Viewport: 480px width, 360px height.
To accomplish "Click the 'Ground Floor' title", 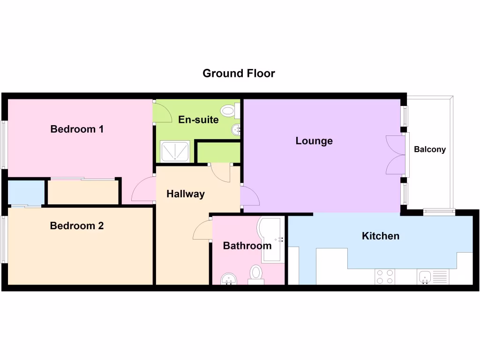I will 239,73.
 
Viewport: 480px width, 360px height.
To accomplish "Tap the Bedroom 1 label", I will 77,129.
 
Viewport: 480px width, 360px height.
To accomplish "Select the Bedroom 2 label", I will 77,226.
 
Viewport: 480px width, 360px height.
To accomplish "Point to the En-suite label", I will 198,120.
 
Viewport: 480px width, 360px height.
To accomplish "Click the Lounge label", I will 314,141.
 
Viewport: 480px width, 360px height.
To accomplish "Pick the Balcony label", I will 430,150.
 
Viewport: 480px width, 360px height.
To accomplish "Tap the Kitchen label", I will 381,236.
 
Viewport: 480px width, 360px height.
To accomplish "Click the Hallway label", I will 186,194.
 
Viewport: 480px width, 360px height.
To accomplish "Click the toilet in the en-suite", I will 229,111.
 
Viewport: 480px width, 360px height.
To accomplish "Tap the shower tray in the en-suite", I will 175,151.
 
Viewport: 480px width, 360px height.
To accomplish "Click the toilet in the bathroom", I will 255,273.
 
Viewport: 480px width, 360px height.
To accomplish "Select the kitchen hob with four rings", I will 384,277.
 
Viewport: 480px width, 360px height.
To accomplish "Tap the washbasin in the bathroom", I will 229,279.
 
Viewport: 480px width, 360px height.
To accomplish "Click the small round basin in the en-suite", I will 235,129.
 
